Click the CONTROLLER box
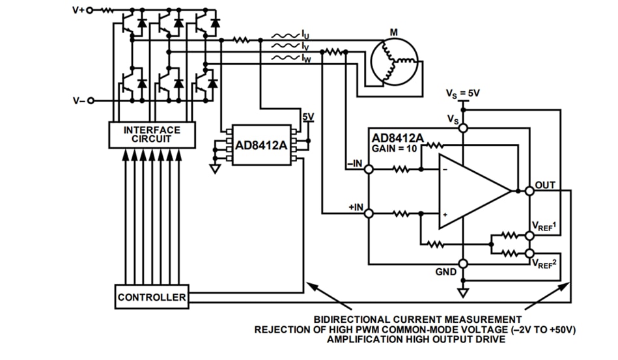151,298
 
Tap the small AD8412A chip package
259,145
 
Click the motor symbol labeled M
393,61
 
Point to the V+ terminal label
76,10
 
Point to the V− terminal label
76,101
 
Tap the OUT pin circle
529,191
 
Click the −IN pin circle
369,169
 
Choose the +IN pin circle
369,213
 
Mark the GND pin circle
463,264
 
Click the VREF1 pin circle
529,236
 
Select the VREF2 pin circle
529,253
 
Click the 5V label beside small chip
307,117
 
